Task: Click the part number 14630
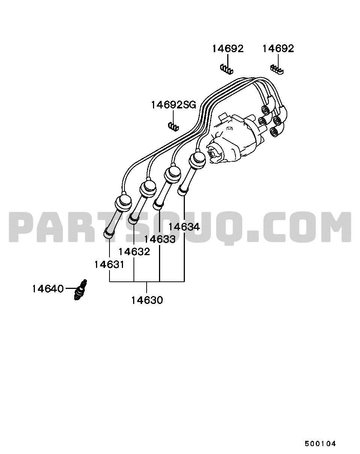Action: [x=147, y=301]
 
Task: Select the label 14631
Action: [x=109, y=265]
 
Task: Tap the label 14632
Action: [x=134, y=252]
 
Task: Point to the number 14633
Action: [x=160, y=239]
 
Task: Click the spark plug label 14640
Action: [x=48, y=289]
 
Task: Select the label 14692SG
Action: [x=174, y=105]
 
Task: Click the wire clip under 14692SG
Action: [x=173, y=126]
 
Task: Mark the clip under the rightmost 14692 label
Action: [x=277, y=70]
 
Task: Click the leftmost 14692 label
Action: [x=228, y=49]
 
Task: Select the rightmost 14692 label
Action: [x=278, y=48]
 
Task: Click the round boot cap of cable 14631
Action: [x=123, y=203]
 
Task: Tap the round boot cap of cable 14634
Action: [x=197, y=159]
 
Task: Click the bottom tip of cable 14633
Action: [x=158, y=206]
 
